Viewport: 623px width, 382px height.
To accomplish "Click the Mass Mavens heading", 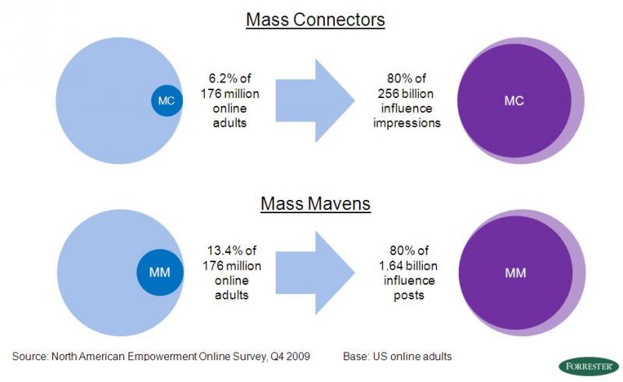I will tap(315, 206).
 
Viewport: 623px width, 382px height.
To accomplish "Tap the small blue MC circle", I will tap(166, 100).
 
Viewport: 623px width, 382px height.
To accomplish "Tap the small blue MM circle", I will tap(160, 272).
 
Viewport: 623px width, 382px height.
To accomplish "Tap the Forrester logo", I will tap(586, 366).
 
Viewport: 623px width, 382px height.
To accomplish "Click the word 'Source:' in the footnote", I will tap(30, 356).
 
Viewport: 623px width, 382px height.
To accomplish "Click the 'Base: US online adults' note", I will tap(397, 356).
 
